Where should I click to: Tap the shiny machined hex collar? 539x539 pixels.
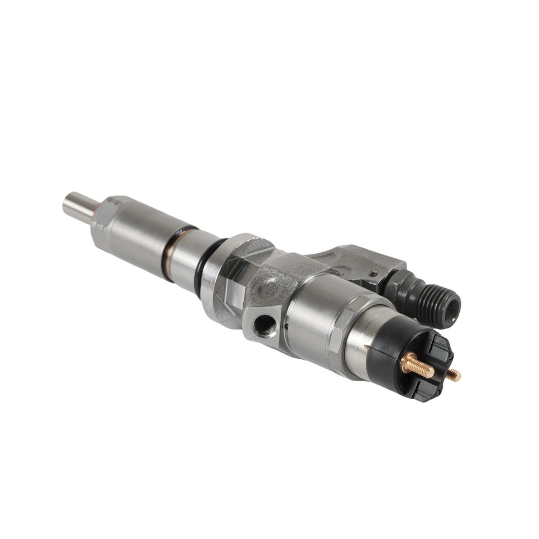point(230,281)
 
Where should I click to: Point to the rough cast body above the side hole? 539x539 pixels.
point(275,281)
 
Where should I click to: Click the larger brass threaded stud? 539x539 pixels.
point(418,367)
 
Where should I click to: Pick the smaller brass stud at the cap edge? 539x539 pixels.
point(453,374)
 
